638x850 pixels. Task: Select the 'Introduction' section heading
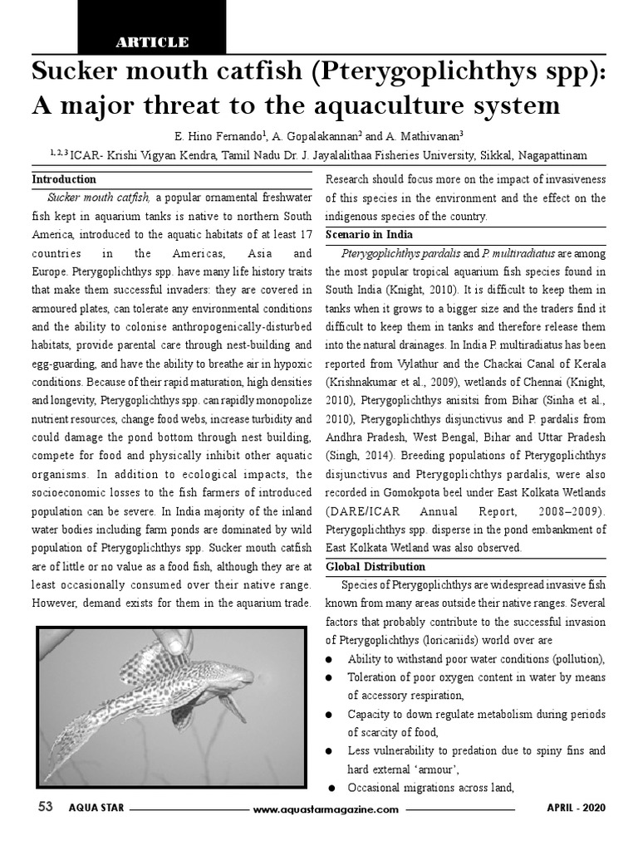[x=64, y=179]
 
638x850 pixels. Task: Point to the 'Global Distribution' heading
[x=375, y=567]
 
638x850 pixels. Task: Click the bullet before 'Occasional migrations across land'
[x=331, y=789]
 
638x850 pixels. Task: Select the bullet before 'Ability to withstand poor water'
[x=330, y=659]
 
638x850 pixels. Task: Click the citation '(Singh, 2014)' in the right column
[x=359, y=456]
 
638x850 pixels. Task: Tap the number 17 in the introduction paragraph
[x=305, y=234]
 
